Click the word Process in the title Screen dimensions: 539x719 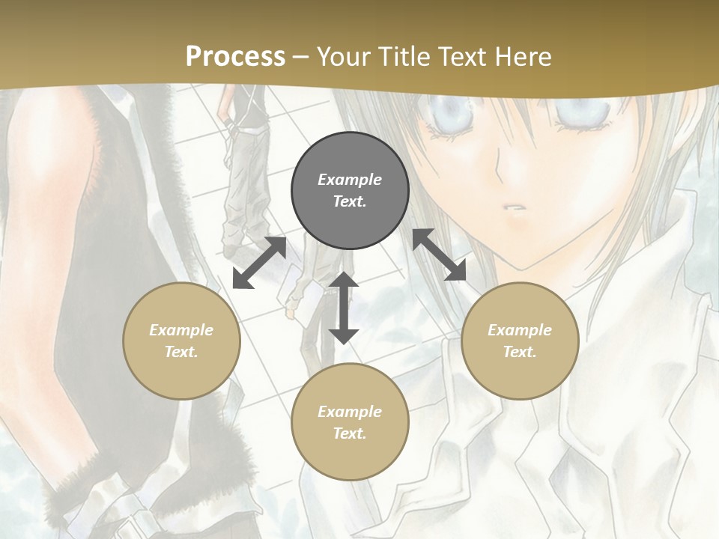[235, 57]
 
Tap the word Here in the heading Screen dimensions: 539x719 [522, 57]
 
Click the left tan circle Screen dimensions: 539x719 [181, 341]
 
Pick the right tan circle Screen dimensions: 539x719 [520, 341]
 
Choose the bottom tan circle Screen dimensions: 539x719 [350, 422]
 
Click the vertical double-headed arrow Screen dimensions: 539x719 [344, 308]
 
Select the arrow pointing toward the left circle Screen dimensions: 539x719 [259, 264]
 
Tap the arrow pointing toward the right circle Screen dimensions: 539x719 [440, 255]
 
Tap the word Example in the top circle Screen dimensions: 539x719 [350, 180]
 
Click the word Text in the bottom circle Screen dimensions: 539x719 [350, 433]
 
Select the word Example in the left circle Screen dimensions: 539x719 [181, 330]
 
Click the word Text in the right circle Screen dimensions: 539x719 [520, 352]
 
